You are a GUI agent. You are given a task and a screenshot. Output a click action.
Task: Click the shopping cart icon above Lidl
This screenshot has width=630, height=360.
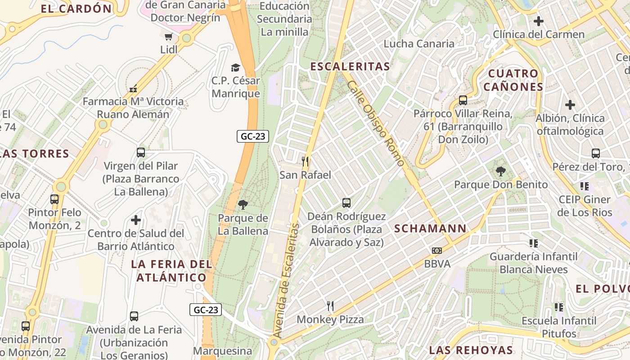click(x=168, y=36)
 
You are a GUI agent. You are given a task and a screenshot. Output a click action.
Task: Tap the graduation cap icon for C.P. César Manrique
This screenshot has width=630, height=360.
click(x=235, y=67)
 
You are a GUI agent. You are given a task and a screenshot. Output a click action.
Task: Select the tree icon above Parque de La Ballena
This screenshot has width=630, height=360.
click(x=243, y=205)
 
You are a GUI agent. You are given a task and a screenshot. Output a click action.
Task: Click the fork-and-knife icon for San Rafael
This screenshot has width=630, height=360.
click(x=306, y=161)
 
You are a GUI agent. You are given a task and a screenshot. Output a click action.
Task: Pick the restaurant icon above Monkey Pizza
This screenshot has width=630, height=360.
click(x=330, y=306)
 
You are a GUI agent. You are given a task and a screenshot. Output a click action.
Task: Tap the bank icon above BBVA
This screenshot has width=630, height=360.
click(x=436, y=251)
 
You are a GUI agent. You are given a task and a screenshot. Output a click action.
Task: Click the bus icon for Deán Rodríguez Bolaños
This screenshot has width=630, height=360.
click(x=346, y=203)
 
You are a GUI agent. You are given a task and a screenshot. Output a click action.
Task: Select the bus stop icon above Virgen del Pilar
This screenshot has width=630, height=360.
click(x=141, y=153)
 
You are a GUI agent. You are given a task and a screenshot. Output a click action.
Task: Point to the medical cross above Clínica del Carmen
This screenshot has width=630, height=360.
click(x=538, y=21)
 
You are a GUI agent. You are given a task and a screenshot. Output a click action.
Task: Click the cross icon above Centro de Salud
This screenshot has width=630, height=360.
click(x=136, y=220)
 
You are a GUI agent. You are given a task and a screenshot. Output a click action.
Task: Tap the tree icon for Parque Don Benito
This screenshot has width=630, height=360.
click(x=500, y=171)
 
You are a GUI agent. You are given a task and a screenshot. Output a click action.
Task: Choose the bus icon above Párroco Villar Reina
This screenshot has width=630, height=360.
click(x=463, y=100)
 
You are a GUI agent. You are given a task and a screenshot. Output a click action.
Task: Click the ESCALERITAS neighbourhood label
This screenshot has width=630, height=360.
click(x=350, y=67)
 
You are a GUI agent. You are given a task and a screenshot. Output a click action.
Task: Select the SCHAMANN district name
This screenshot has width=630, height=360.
click(x=430, y=229)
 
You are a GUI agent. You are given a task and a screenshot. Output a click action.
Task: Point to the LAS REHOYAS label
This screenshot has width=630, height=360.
click(x=471, y=350)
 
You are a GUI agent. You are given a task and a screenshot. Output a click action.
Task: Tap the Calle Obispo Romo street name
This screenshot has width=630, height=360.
click(x=376, y=123)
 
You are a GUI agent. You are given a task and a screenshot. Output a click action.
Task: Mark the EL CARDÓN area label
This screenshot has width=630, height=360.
click(x=76, y=9)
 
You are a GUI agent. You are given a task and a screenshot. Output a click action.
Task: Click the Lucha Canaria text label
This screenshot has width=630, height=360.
click(x=419, y=44)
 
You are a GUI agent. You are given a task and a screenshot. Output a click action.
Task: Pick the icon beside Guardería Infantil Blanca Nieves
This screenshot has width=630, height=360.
click(x=534, y=243)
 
